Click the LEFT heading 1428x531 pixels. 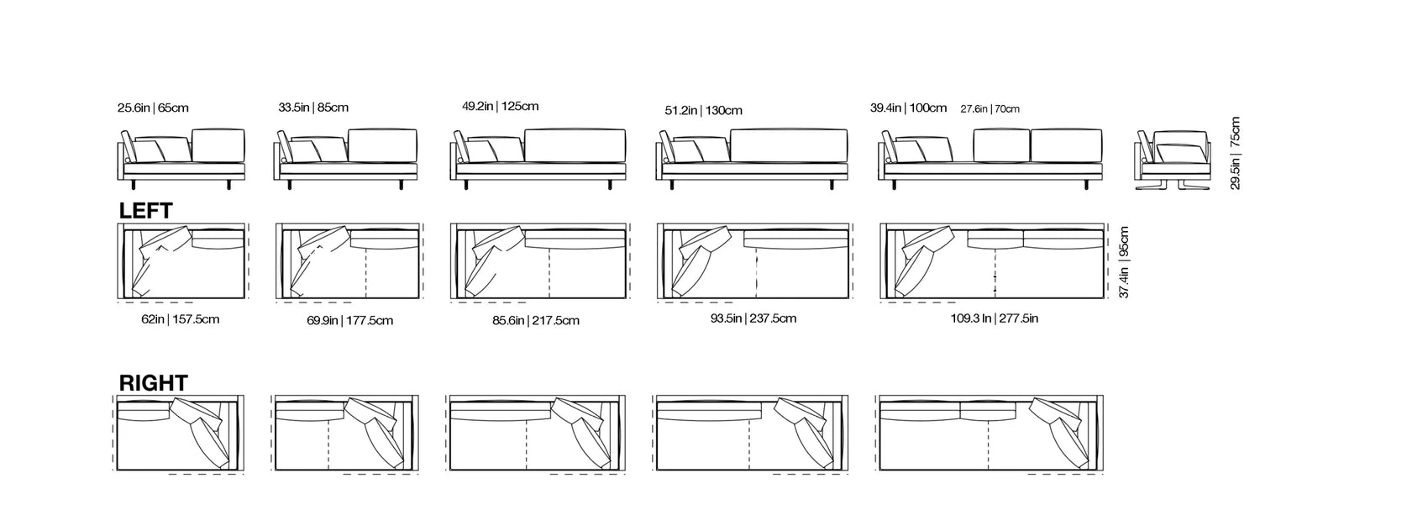click(146, 210)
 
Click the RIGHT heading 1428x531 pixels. click(154, 383)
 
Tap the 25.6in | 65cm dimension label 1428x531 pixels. click(153, 108)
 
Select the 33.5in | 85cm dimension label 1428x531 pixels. click(313, 108)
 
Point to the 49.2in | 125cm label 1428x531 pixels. click(501, 107)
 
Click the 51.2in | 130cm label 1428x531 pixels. click(703, 110)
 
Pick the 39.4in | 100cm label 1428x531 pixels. click(908, 108)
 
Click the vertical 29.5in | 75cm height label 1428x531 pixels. click(1235, 153)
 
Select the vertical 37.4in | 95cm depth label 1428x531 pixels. click(1125, 262)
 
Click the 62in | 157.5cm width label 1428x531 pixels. click(181, 319)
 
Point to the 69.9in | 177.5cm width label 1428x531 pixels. click(349, 320)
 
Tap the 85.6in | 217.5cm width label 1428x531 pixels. click(537, 320)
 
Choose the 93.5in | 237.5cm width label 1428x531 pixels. click(753, 318)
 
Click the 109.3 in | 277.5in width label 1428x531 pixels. click(994, 318)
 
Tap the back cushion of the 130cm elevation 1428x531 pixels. click(787, 145)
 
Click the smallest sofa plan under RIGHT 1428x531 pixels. click(179, 434)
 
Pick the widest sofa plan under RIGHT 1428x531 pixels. click(990, 434)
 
